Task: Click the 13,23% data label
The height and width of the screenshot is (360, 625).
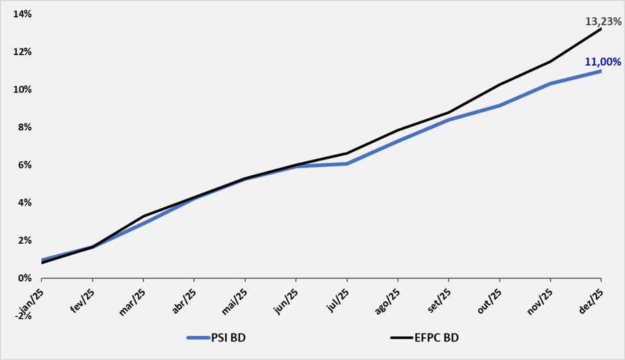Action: coord(603,21)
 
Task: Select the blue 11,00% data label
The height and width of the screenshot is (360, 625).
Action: coord(602,62)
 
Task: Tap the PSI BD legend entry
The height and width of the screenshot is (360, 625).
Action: coord(217,337)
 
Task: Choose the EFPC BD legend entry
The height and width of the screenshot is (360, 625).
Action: coord(424,337)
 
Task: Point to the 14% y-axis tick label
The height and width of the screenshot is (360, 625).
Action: coord(23,15)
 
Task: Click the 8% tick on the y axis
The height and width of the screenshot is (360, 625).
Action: coord(25,128)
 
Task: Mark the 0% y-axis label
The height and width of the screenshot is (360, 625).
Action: coord(25,278)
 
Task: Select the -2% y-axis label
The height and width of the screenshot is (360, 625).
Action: coord(23,316)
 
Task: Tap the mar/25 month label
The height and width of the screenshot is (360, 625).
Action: coord(132,302)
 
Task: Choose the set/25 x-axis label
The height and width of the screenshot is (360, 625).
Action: coord(439,301)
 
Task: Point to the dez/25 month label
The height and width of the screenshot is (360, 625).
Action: coord(591,302)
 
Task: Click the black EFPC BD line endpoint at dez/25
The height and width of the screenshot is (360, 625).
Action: coord(600,29)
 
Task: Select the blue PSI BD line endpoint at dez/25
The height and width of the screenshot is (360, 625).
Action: coord(600,71)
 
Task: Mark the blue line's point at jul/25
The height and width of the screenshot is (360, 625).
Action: coord(347,164)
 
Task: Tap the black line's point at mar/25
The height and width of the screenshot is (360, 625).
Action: coord(143,216)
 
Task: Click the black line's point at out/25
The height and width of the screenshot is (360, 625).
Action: coord(499,84)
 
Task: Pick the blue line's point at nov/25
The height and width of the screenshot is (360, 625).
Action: coord(550,84)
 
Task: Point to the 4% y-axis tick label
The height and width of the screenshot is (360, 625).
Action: coord(25,203)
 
